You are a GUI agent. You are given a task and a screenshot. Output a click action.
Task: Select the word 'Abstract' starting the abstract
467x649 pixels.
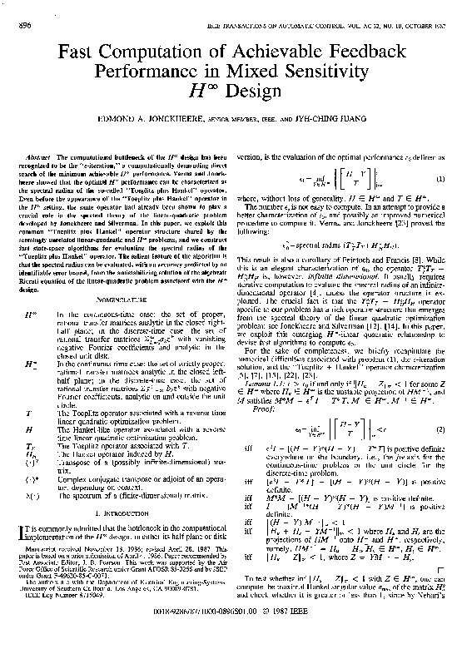40,156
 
